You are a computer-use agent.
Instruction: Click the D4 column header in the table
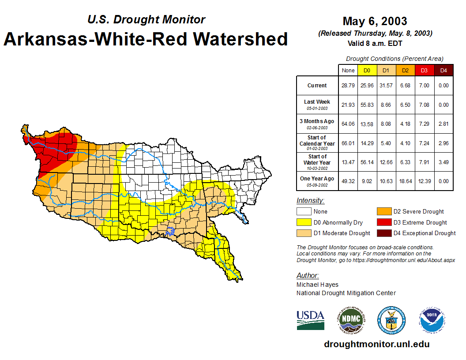[443, 70]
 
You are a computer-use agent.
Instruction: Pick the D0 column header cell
[367, 70]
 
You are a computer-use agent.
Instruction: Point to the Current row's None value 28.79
[348, 86]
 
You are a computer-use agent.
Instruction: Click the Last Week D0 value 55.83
[367, 105]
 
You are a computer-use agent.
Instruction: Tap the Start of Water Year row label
[317, 159]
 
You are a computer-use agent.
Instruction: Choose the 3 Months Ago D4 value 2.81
[443, 124]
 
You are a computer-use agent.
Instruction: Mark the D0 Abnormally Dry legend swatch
[304, 222]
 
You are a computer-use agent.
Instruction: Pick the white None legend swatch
[304, 212]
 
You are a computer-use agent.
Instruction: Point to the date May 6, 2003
[375, 21]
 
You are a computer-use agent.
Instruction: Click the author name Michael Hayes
[317, 285]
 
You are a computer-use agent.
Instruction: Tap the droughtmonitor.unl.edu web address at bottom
[376, 344]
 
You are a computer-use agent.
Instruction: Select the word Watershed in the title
[240, 39]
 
